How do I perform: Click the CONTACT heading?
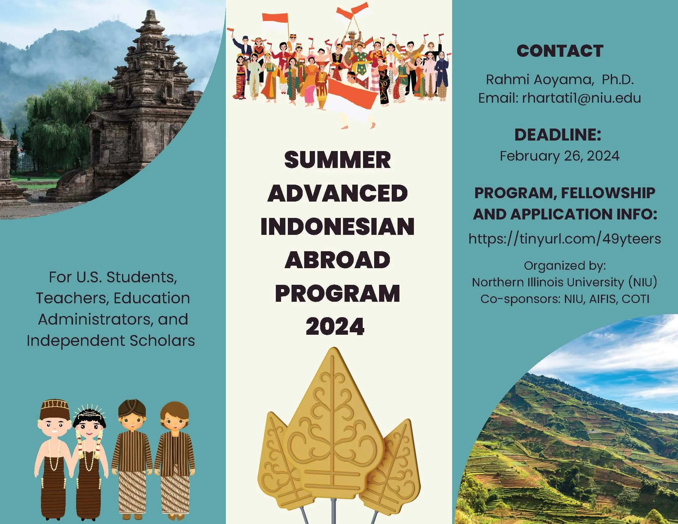560,51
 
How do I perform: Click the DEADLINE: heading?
558,135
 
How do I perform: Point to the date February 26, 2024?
559,156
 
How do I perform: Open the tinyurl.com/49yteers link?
564,239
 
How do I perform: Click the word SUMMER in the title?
337,160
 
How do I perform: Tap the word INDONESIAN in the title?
337,226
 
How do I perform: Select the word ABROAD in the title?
337,260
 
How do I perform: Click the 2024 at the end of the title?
335,326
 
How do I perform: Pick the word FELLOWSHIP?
608,193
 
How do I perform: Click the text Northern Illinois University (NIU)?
564,282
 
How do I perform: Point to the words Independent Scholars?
111,341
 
